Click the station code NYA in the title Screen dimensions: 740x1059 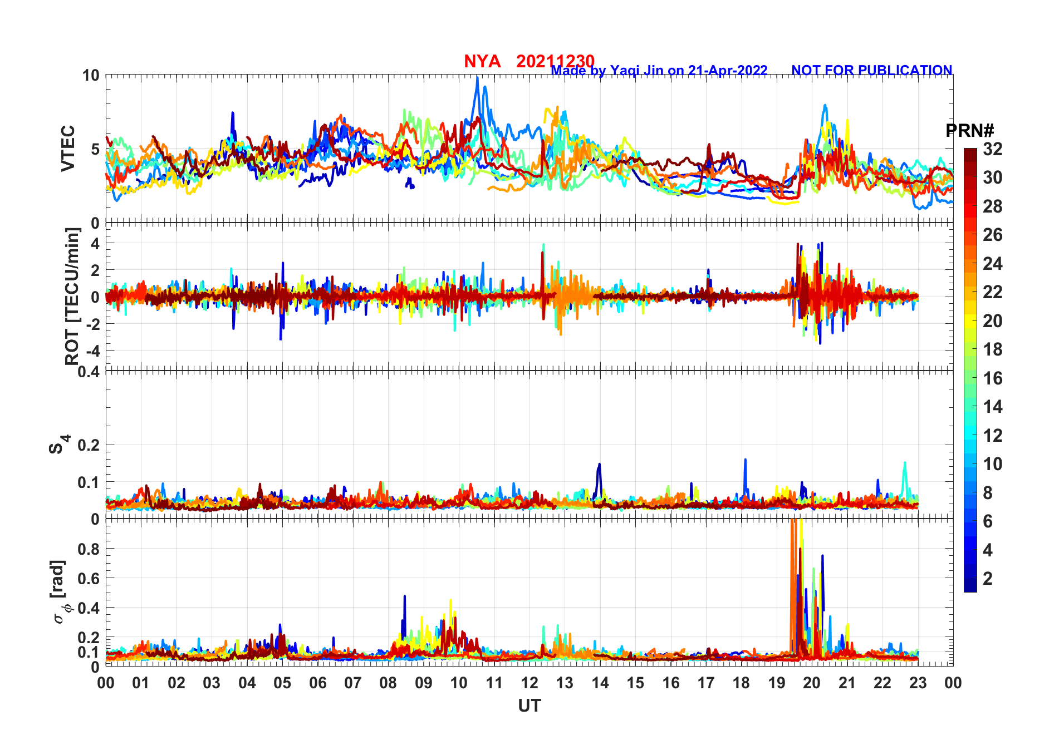(482, 62)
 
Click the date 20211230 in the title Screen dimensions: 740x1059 (555, 61)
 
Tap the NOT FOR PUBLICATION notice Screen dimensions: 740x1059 (871, 71)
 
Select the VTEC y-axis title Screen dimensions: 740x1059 (68, 148)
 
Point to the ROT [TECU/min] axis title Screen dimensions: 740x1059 (72, 296)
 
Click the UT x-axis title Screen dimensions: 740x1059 (529, 706)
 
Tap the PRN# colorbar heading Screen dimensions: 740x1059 (969, 131)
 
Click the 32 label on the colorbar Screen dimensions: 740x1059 (992, 149)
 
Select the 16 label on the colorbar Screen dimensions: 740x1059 (992, 378)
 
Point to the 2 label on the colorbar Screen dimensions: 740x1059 (988, 579)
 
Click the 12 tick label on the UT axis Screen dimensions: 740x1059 (529, 683)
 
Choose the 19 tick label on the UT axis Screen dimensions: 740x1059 (776, 683)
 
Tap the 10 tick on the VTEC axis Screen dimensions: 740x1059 (91, 76)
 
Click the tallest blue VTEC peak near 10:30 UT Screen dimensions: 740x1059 (477, 78)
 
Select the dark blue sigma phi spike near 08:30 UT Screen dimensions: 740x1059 (405, 596)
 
